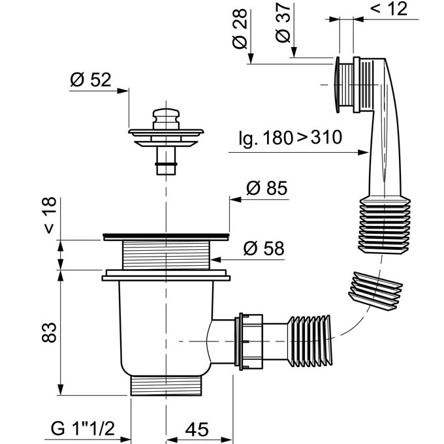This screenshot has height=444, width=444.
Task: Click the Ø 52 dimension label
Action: [91, 80]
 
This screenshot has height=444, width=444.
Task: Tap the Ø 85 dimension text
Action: [267, 188]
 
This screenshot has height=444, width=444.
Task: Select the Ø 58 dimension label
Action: [264, 248]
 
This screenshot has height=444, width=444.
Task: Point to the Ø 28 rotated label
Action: [240, 29]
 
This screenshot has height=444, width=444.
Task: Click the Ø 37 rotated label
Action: [283, 23]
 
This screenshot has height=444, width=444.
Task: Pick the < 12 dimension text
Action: [388, 8]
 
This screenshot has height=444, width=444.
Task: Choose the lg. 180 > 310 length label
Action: [291, 138]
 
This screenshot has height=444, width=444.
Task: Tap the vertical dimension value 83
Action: [49, 332]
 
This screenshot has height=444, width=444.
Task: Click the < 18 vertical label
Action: [50, 215]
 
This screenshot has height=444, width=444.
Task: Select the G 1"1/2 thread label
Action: [83, 428]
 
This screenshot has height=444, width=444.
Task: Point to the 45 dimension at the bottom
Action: [197, 429]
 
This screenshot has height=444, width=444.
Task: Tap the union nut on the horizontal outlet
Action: [249, 341]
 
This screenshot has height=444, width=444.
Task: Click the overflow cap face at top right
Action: [337, 85]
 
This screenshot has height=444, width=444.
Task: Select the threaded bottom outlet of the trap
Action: [166, 385]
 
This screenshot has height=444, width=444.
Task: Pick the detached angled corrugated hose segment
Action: [375, 291]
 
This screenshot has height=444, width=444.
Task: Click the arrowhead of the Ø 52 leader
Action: [123, 91]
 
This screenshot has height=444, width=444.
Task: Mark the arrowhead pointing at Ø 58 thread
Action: [215, 259]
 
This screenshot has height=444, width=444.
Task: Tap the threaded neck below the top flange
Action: [166, 255]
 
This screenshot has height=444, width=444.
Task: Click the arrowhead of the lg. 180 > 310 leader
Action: [363, 153]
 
